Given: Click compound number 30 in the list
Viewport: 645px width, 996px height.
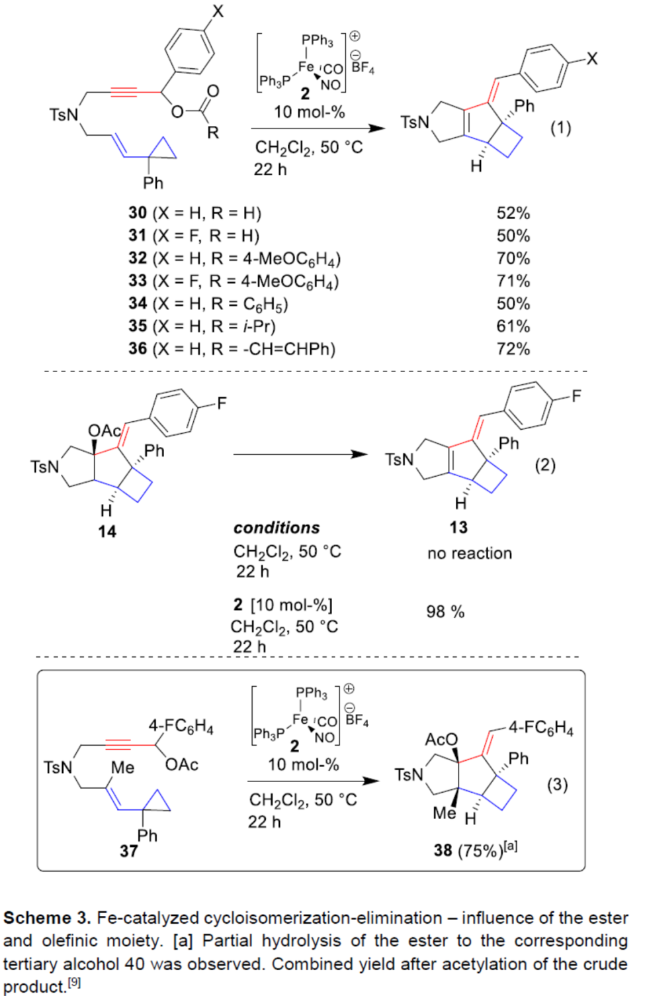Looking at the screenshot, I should click(138, 213).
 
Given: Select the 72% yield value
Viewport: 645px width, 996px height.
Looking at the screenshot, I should click(513, 349).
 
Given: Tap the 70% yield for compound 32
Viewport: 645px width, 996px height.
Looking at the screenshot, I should click(513, 258).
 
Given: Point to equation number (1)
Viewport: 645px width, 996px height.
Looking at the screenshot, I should click(560, 128).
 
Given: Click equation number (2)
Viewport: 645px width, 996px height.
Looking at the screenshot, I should click(545, 465).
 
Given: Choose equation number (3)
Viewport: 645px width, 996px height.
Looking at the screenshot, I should click(557, 785).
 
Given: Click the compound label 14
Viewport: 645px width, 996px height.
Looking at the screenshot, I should click(107, 532).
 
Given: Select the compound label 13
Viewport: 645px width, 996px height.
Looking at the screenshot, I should click(458, 528).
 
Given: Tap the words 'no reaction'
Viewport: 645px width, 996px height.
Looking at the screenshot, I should click(469, 554).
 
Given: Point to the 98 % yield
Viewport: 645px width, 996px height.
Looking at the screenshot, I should click(445, 612).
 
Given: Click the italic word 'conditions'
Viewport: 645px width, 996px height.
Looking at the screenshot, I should click(276, 528).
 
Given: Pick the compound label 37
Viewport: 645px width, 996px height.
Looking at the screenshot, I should click(128, 851).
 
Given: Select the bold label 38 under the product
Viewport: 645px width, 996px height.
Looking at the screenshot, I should click(443, 850).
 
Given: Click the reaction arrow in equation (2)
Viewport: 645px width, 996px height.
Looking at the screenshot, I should click(300, 454).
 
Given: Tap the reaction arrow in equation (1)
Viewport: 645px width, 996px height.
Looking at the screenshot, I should click(318, 128).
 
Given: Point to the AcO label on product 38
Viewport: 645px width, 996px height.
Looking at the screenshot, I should click(441, 740).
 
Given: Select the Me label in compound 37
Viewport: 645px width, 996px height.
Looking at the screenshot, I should click(122, 768).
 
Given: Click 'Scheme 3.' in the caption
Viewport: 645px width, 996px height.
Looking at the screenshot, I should click(47, 919).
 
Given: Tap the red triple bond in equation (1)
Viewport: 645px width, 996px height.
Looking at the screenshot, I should click(124, 93).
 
